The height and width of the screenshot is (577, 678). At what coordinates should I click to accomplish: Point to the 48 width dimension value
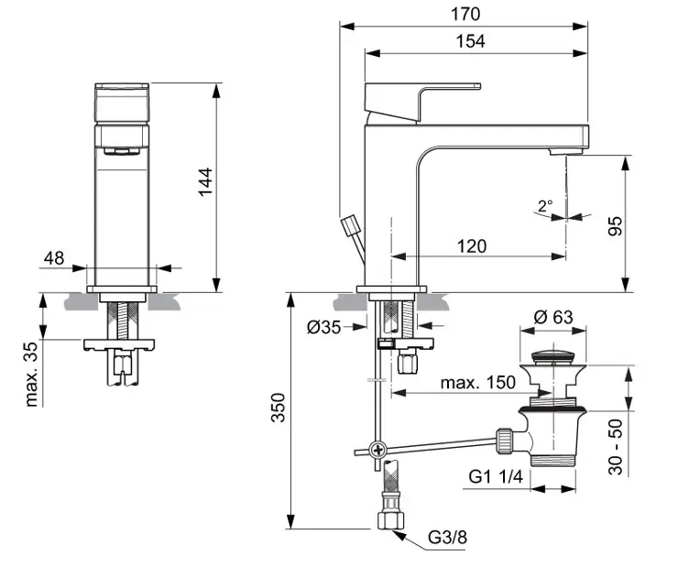pos(54,258)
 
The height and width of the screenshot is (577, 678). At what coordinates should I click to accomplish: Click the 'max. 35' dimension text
pos(33,373)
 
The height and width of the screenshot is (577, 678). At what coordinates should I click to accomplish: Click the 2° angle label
pos(546,207)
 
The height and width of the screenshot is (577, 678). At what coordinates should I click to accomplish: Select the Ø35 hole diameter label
pos(324,325)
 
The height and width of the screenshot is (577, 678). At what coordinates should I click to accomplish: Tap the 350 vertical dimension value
pos(279,412)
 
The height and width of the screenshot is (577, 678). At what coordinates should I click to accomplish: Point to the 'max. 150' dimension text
pos(476,382)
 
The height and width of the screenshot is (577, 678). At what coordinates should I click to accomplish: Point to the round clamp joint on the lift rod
pos(377,451)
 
